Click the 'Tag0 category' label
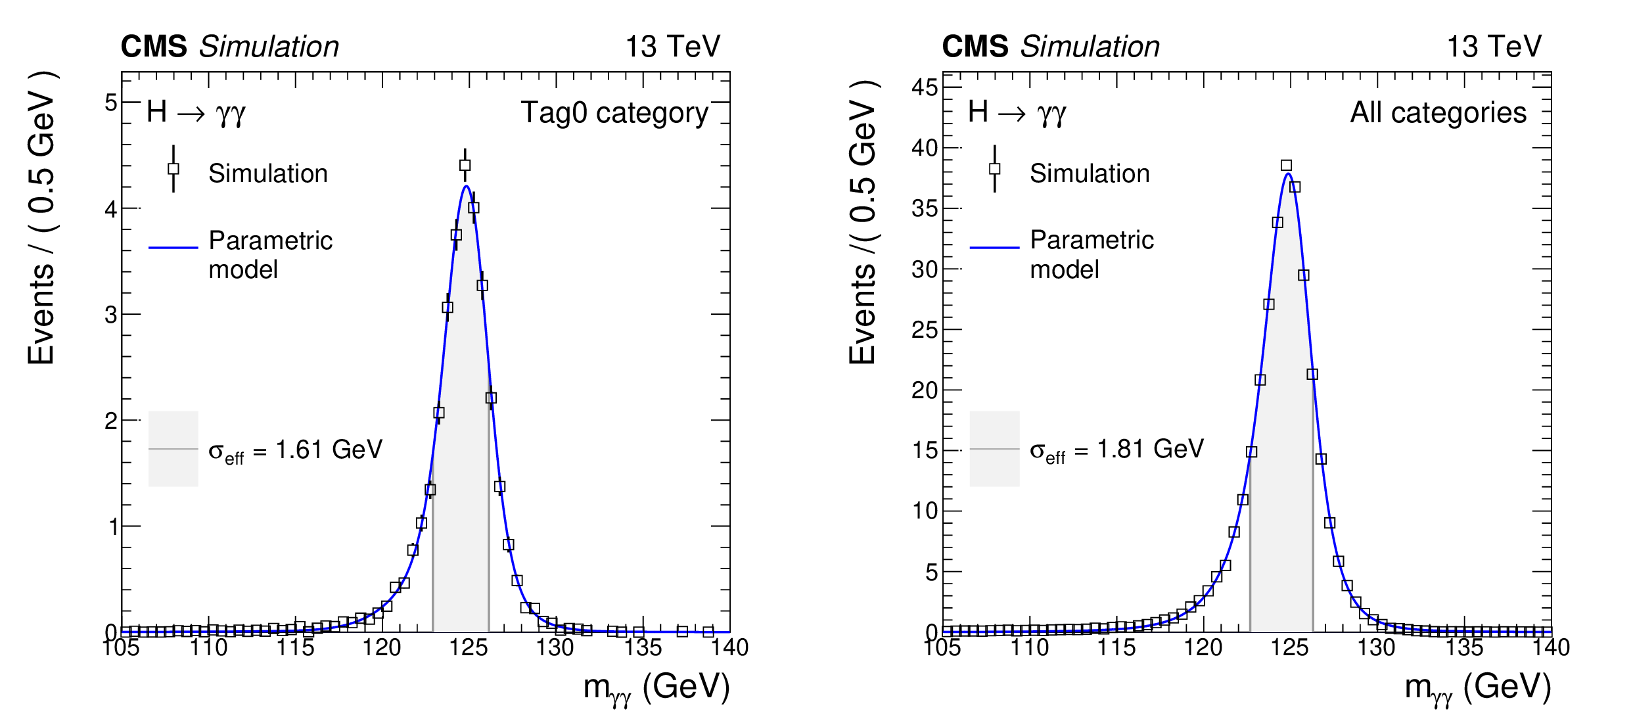coord(614,113)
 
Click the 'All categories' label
coord(1438,113)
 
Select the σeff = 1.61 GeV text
coord(295,450)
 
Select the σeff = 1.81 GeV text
coord(1116,450)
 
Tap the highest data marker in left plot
coord(465,166)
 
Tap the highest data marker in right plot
coord(1286,166)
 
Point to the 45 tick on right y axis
coord(925,87)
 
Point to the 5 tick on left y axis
coord(111,103)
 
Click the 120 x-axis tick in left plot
coord(382,648)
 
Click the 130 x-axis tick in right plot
coord(1376,648)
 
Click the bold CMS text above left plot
coord(154,47)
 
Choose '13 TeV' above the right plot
coord(1494,47)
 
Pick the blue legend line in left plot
coord(173,248)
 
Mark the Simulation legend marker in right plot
coord(995,169)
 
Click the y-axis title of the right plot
coord(863,223)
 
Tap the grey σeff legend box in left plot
coord(173,449)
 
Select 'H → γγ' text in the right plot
coord(1017,113)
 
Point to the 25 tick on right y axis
coord(925,330)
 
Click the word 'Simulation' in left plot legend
coord(268,173)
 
